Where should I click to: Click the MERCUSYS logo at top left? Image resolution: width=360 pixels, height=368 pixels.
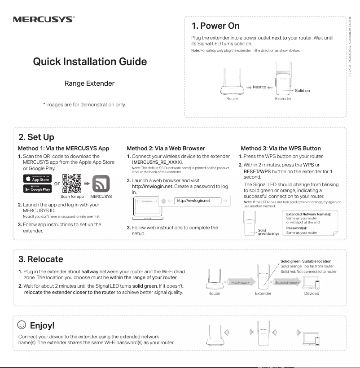coord(44,19)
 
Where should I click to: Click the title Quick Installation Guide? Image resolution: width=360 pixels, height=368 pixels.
coord(90,61)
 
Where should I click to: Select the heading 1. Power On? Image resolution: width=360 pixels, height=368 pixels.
coord(215,26)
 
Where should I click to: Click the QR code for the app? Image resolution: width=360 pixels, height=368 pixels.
coord(72,184)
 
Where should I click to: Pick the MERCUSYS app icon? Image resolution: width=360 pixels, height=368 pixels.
coord(101,184)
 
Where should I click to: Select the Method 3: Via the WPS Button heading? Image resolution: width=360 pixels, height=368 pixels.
coord(281,148)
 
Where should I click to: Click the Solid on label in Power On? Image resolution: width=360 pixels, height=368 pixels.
coord(302,91)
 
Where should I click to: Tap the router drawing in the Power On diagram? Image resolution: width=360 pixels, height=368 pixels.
coord(232,82)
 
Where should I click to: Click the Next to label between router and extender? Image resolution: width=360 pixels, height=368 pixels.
coord(259,87)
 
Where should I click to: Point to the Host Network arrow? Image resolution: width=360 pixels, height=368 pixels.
coord(241,282)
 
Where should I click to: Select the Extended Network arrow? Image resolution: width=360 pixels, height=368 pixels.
coord(287,282)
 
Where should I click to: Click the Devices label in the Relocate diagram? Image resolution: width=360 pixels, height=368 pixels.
coord(311,294)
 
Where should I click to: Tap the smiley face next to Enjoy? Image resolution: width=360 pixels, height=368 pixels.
coord(21,324)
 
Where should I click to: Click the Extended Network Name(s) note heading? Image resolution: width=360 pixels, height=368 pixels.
coord(308,215)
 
